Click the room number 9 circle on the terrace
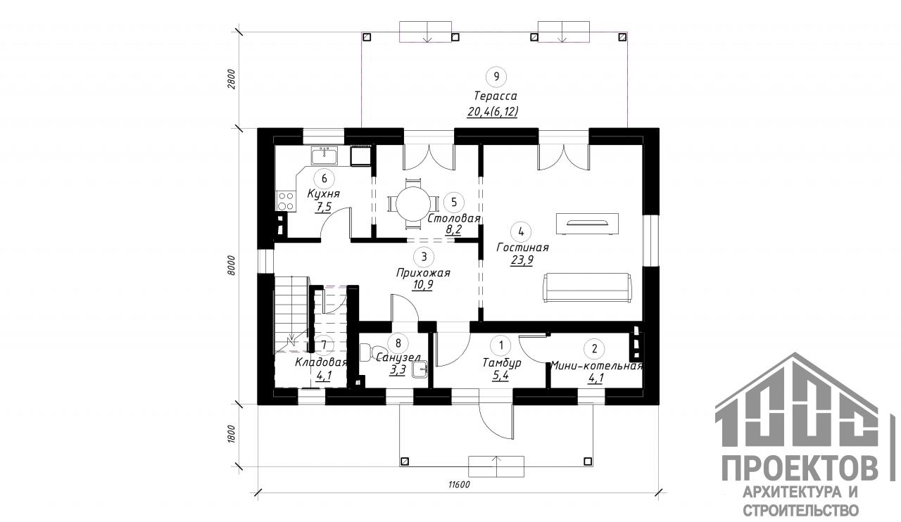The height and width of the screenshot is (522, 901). (496, 77)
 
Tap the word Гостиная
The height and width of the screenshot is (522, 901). (522, 248)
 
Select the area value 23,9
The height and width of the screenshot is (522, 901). (522, 260)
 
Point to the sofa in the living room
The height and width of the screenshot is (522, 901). (587, 288)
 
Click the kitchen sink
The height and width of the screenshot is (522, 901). (325, 155)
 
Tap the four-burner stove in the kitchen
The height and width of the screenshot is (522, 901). (286, 201)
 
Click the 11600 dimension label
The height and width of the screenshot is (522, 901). (459, 485)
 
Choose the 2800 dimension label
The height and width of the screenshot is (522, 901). (231, 79)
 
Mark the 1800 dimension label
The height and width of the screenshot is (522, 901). (231, 434)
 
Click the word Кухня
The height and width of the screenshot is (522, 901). (323, 194)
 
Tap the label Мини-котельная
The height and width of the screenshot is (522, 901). (596, 366)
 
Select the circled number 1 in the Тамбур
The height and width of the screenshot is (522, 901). (501, 345)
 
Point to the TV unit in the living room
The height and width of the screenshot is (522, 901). (587, 224)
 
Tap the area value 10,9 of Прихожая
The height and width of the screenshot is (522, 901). (423, 285)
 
